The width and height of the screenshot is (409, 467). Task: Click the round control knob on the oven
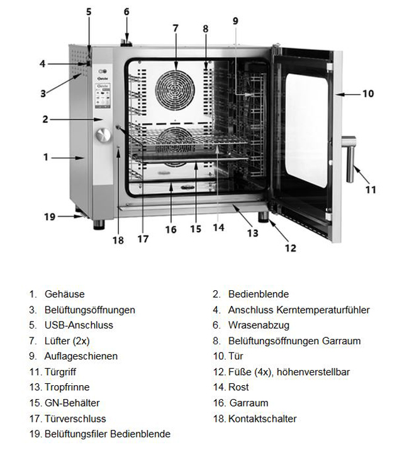point(103,135)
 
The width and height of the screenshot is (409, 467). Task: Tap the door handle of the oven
point(349,159)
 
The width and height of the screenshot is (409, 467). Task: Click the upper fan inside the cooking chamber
point(175,90)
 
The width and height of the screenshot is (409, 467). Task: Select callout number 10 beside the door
point(368,94)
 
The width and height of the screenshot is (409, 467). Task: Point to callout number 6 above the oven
point(126,11)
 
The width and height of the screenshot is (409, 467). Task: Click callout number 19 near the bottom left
point(50,217)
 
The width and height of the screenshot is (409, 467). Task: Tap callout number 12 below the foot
point(291,248)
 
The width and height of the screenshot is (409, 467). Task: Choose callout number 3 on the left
point(43,93)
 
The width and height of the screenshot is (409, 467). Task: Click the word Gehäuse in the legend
point(65,294)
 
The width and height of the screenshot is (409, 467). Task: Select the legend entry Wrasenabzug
point(259,325)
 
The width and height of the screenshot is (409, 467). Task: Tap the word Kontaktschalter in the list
point(262,419)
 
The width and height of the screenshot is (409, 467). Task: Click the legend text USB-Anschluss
point(79,325)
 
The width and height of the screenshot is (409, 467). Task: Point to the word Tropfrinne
point(67,387)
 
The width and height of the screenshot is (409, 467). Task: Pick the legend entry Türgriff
point(60,372)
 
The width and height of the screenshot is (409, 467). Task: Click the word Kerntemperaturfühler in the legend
point(323,310)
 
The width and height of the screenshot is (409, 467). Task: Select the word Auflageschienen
point(81,356)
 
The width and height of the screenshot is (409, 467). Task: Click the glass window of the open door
point(306,130)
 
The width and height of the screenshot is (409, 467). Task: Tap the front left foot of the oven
point(99,225)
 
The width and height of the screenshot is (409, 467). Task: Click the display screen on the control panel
point(103,96)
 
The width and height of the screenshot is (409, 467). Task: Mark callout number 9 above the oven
point(235,21)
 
